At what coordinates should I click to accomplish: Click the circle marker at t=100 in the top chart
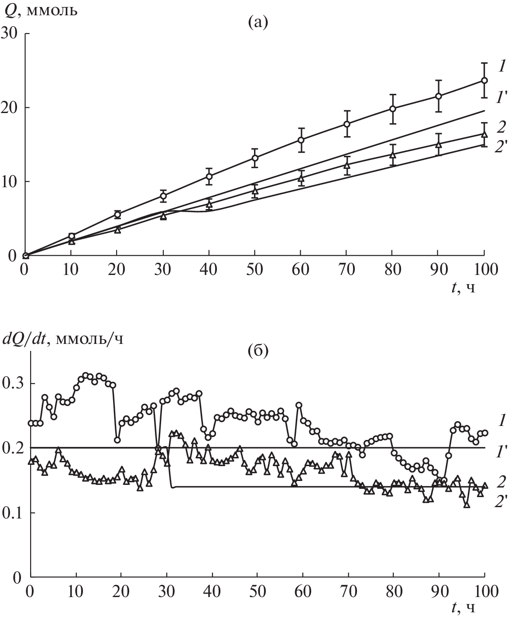click(484, 80)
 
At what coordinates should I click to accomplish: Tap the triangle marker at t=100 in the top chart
click(484, 134)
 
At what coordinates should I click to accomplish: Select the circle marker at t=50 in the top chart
click(255, 158)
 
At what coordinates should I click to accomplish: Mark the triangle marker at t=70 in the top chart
click(347, 165)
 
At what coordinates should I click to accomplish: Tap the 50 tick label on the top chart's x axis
click(255, 269)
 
